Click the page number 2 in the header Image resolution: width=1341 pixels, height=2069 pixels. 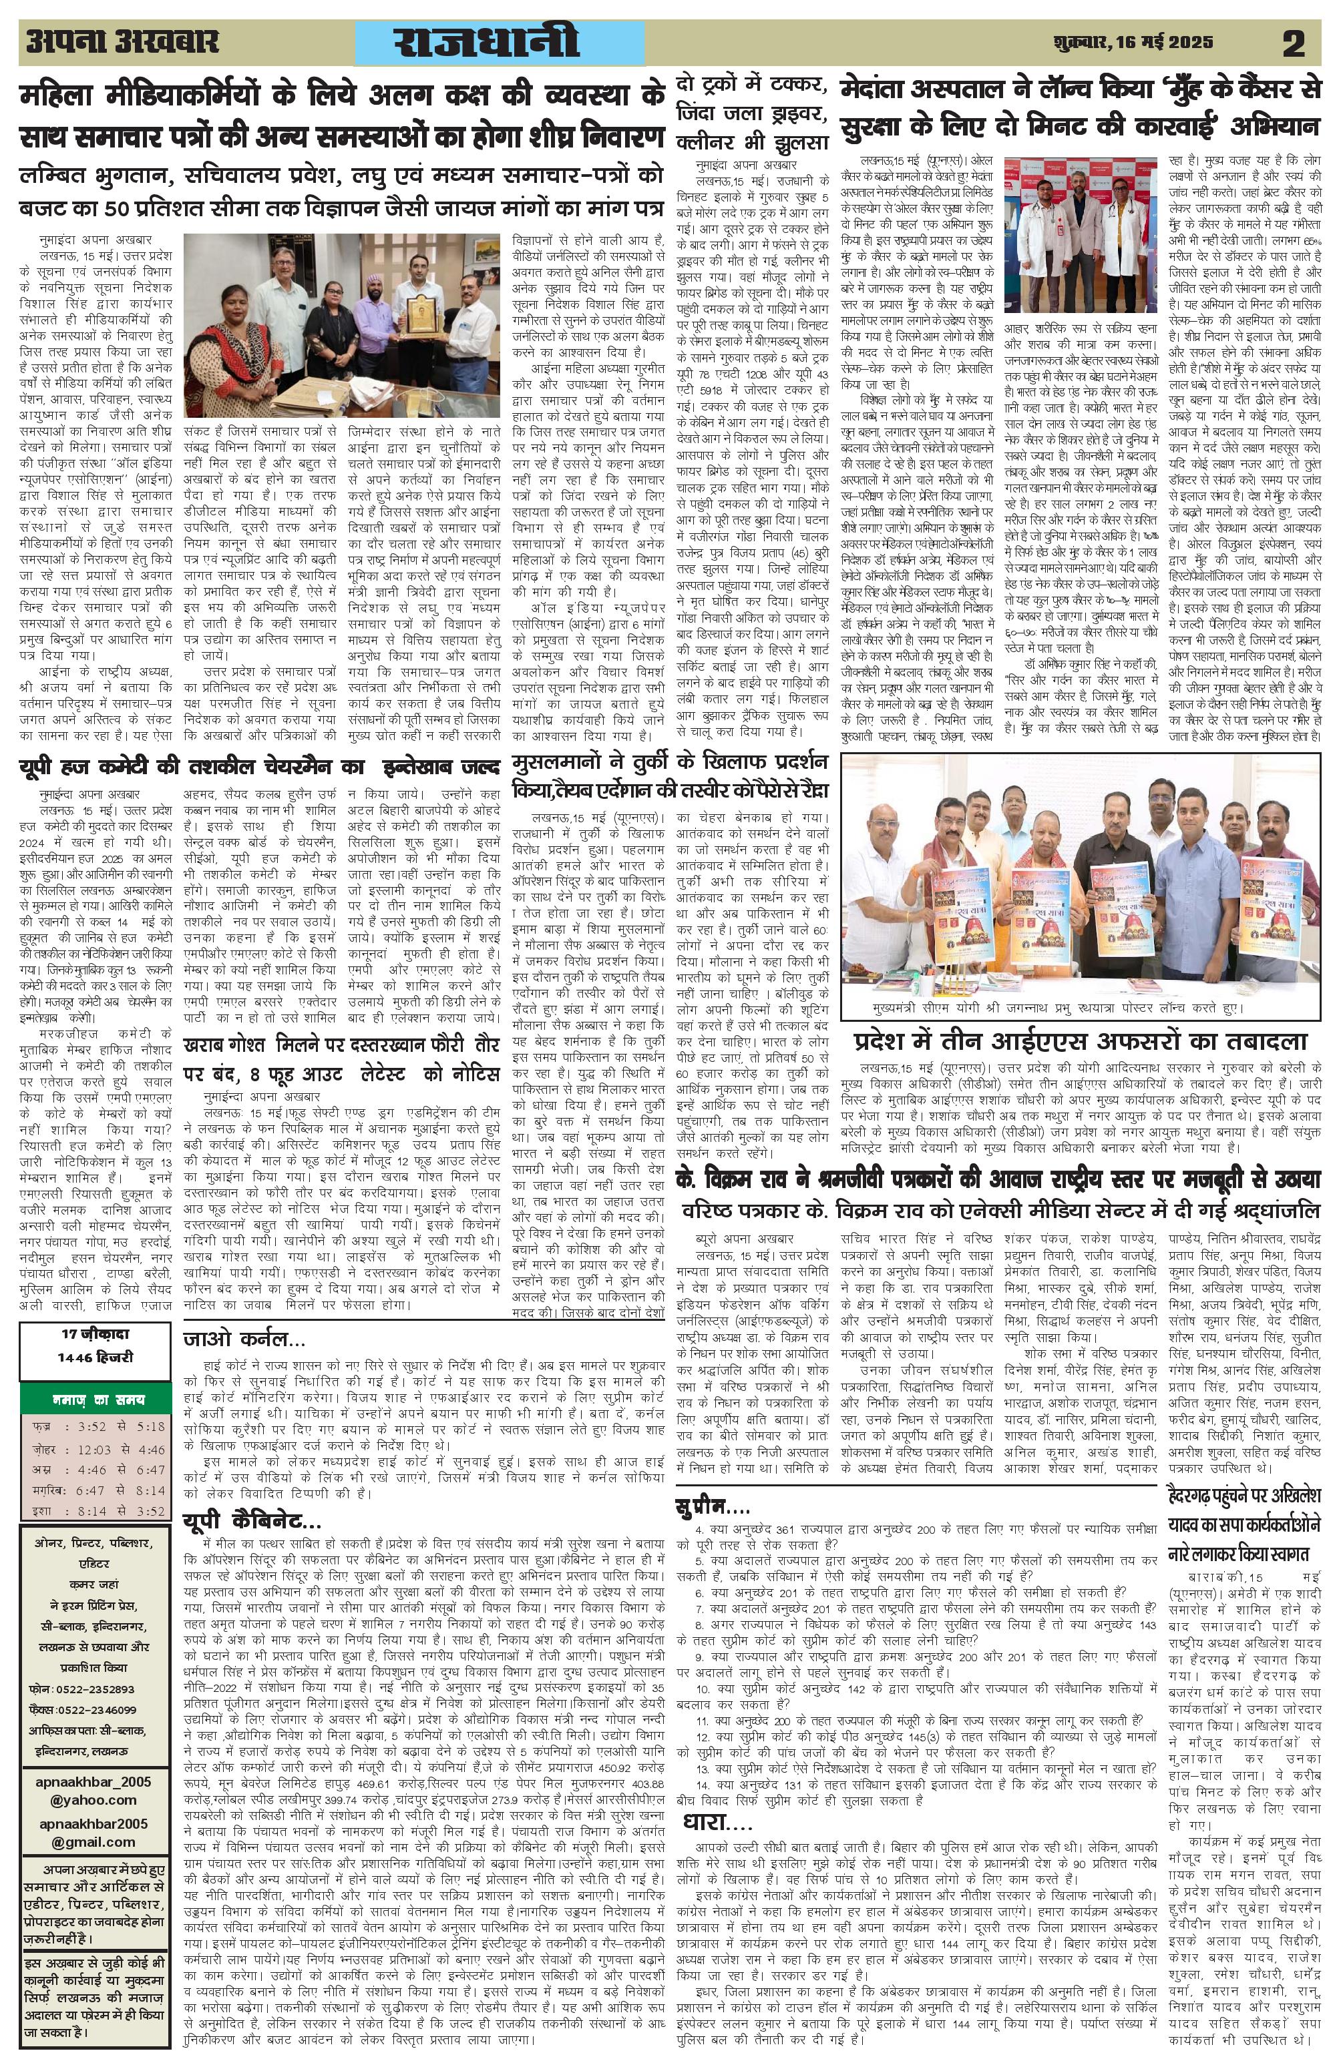[1293, 43]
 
